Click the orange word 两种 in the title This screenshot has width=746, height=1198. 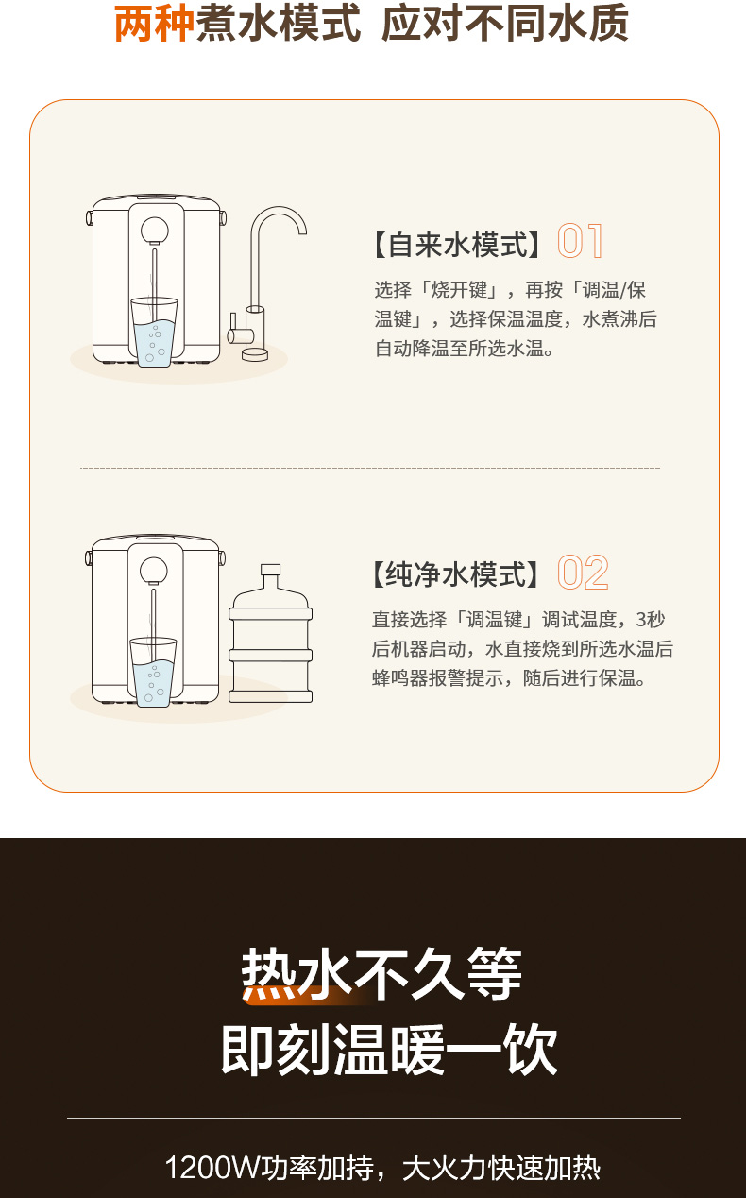(x=153, y=24)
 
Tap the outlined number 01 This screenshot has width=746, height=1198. (x=581, y=241)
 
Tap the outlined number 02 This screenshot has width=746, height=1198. (x=583, y=573)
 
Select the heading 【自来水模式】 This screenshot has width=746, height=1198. (x=457, y=245)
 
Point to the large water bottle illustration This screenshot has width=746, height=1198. (x=270, y=634)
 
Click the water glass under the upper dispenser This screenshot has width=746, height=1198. (x=154, y=332)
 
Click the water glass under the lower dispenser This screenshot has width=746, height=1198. (x=153, y=672)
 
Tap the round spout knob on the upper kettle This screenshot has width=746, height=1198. (x=155, y=231)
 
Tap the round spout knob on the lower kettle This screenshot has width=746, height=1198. (x=153, y=570)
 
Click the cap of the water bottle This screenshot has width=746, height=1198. (x=270, y=570)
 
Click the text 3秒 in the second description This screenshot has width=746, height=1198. (x=651, y=620)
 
